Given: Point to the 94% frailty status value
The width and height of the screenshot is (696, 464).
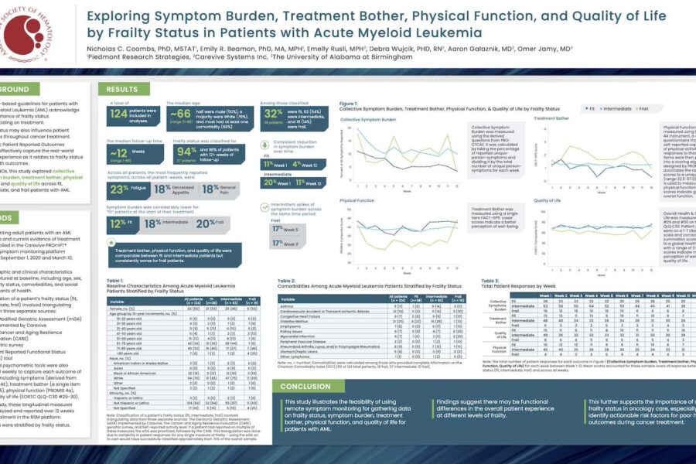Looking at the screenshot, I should pos(186,152).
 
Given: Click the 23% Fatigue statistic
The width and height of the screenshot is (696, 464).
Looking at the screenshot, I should pos(118,188).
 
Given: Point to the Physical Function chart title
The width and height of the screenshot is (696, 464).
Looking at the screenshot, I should pos(357,200).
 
